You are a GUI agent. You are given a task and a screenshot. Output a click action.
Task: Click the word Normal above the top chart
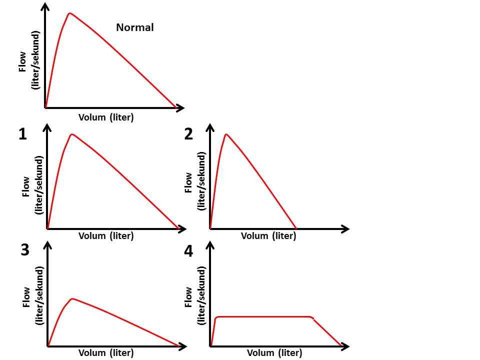click(135, 27)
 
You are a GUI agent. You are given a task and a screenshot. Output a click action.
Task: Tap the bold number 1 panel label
click(22, 134)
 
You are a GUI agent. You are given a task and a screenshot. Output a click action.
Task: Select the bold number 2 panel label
click(188, 134)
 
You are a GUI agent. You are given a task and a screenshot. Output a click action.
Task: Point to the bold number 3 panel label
click(25, 250)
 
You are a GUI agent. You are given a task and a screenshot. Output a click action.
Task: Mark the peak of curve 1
click(72, 134)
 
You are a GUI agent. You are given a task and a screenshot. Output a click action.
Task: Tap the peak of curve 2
click(226, 134)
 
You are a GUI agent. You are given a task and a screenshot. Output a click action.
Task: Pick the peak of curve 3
click(72, 298)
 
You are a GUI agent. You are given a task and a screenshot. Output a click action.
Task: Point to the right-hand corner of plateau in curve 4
click(312, 317)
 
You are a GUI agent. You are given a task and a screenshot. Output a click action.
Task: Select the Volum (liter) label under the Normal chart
click(106, 117)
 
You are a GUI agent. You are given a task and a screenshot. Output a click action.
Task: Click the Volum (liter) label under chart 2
click(268, 235)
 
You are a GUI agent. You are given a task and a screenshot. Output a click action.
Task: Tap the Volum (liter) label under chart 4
click(274, 353)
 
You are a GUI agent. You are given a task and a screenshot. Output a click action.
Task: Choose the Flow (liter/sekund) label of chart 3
click(32, 296)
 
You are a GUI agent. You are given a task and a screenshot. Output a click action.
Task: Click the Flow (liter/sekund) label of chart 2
click(195, 181)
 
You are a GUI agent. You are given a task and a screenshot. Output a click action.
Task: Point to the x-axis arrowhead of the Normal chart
click(181, 107)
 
